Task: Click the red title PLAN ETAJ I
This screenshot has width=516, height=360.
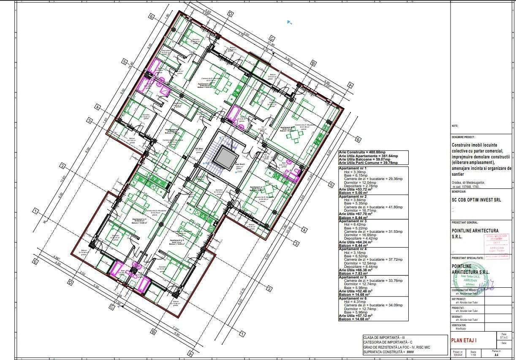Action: (x=464, y=340)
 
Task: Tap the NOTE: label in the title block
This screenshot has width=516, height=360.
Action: (x=455, y=126)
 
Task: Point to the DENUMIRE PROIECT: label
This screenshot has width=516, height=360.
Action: (x=463, y=137)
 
